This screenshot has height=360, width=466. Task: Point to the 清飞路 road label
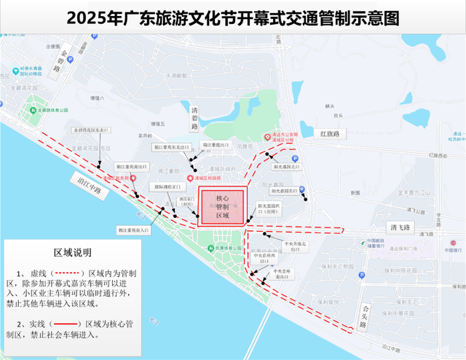400,227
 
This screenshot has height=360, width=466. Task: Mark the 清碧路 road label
194,121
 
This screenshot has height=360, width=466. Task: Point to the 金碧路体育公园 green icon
33,110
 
